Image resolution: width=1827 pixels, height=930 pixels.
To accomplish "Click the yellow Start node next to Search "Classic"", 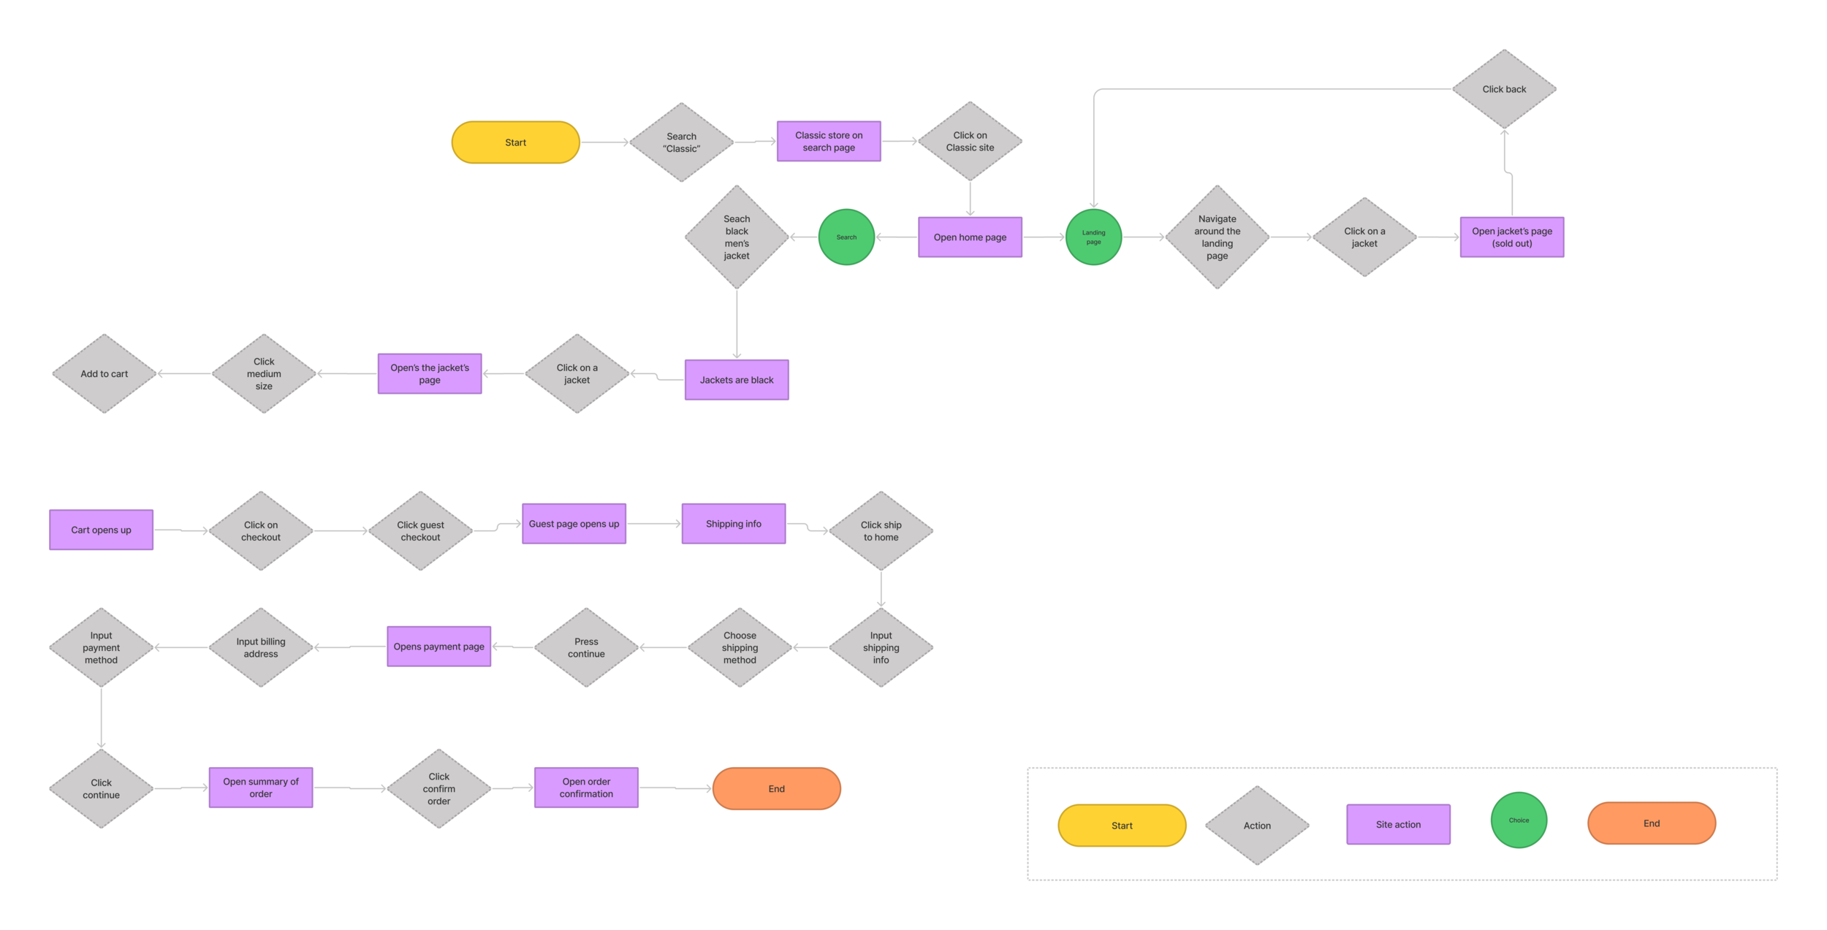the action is [515, 142].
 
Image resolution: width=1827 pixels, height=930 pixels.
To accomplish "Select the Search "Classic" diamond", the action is [681, 142].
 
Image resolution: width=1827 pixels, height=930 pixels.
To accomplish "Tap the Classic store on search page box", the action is [829, 141].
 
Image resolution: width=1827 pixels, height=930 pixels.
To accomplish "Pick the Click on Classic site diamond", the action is [970, 141].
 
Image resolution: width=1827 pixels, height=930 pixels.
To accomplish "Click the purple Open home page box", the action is [970, 237].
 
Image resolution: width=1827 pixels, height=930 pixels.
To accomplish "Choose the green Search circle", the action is [846, 237].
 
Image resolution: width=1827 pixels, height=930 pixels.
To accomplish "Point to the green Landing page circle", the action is [1093, 237].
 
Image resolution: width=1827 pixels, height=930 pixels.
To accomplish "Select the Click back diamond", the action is [1504, 89].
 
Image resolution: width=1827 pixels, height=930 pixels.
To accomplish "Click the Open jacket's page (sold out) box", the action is [1511, 237].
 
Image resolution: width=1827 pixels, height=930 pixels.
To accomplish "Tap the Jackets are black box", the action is [737, 380].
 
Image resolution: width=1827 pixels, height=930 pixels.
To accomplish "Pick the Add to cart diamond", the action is [105, 374].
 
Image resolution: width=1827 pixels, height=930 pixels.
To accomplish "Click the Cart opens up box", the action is [101, 530].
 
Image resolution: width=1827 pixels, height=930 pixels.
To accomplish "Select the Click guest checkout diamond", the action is [420, 531].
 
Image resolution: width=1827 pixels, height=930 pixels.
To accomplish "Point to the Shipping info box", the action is [733, 524].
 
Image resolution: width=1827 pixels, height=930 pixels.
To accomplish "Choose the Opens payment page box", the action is [438, 647].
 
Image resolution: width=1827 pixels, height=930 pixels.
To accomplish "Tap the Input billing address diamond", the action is [261, 647].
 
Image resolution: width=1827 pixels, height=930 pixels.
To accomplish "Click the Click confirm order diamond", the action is [438, 789].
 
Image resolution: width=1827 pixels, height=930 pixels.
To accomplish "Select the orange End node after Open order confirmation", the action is [776, 789].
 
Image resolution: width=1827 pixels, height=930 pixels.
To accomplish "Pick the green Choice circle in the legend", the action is [1519, 820].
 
